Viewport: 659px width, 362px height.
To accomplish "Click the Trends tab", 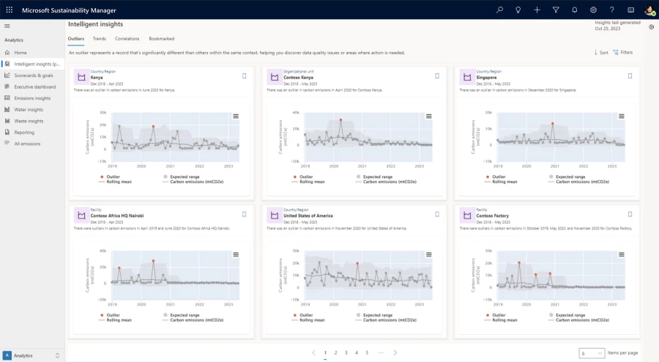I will [99, 38].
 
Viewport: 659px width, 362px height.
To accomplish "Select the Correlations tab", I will [127, 38].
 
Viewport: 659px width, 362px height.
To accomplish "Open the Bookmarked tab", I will [161, 38].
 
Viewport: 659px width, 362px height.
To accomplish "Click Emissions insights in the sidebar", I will [32, 98].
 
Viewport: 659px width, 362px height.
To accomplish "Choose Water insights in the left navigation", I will [29, 109].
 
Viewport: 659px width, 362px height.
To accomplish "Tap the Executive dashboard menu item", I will [34, 86].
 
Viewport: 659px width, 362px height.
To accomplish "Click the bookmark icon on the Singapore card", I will [630, 75].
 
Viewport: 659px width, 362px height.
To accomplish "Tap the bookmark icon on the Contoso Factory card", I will [630, 214].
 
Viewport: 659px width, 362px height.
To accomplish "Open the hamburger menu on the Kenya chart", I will [236, 116].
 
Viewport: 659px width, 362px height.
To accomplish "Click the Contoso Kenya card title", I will [298, 77].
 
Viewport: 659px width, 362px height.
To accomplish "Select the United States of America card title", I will [308, 215].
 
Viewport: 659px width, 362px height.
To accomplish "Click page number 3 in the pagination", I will [346, 352].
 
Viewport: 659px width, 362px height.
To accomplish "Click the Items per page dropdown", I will [592, 353].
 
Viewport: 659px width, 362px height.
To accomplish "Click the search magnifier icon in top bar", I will [499, 10].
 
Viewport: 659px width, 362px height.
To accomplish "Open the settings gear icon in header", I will [593, 10].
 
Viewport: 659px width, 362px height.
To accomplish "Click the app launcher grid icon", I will [9, 10].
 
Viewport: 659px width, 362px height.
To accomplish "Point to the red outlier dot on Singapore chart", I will [553, 124].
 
